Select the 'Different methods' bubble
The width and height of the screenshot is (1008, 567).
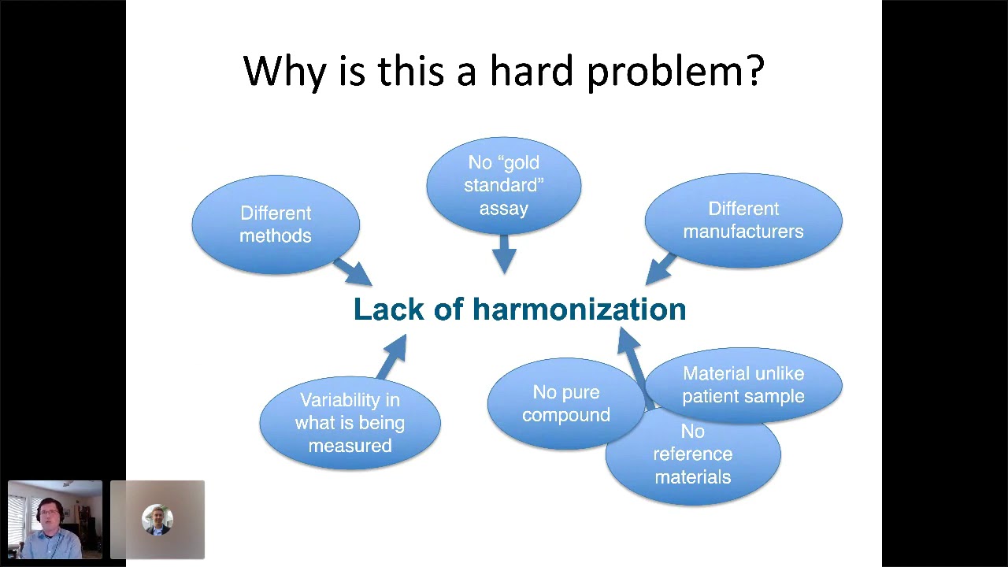tap(276, 224)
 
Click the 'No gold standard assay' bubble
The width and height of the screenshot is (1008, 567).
tap(504, 186)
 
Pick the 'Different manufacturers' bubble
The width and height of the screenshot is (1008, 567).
tap(743, 220)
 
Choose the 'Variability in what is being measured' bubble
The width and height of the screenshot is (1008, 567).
tap(350, 423)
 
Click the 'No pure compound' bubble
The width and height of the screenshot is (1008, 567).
tap(565, 404)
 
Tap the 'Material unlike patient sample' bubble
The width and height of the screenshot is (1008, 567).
tap(743, 385)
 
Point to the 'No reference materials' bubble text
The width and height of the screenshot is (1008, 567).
tap(693, 455)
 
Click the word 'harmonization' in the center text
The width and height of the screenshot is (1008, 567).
tap(579, 309)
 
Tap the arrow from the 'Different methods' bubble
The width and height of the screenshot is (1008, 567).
tap(352, 272)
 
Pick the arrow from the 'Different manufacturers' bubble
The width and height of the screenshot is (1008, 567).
tap(660, 268)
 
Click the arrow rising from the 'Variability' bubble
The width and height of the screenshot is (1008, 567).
tap(391, 356)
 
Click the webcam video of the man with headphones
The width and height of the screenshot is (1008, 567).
tap(55, 520)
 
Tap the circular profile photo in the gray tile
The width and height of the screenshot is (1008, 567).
tap(157, 520)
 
